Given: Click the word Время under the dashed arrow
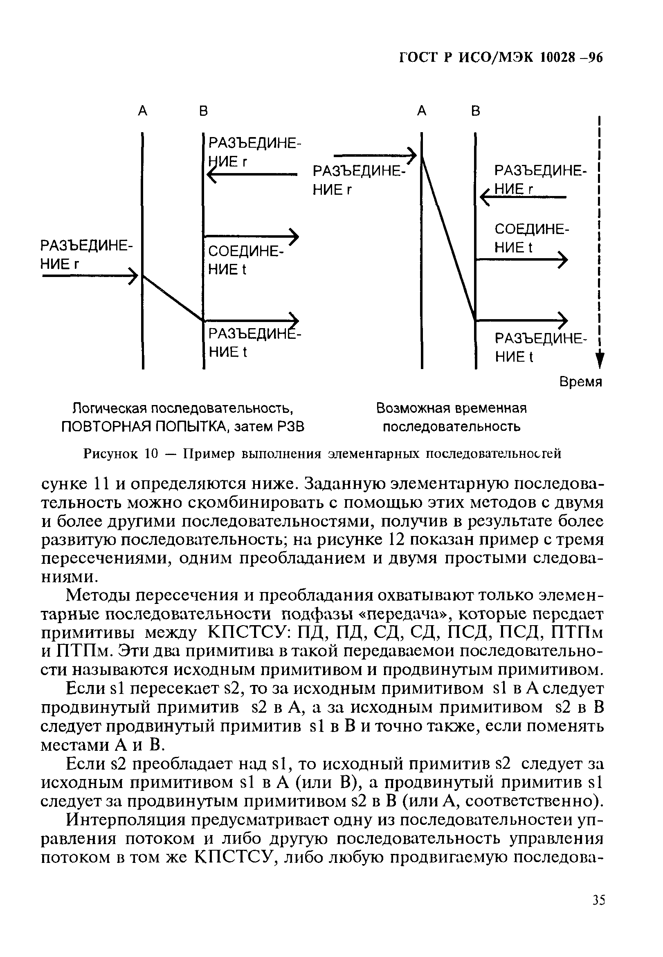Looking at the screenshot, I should point(580,382).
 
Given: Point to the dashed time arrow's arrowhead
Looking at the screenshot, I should point(600,360).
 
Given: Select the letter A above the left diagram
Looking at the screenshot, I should point(142,111).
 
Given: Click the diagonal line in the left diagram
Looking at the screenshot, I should point(173,298).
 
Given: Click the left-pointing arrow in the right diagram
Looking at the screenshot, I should point(524,197).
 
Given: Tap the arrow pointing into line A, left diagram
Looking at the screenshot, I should point(90,275).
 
